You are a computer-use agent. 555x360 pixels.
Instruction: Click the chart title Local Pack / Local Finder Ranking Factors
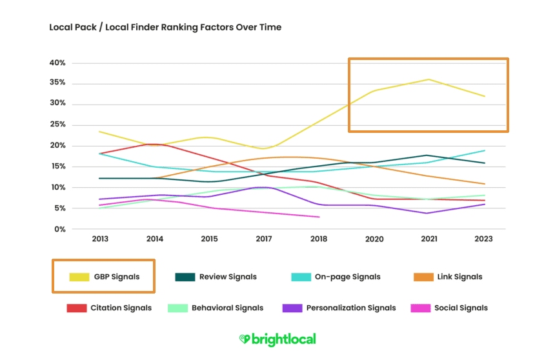[x=165, y=28]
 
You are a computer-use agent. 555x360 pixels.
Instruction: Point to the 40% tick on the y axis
[x=57, y=63]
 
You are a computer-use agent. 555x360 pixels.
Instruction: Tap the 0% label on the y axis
[x=59, y=230]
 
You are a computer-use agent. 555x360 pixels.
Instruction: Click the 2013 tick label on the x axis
[x=100, y=239]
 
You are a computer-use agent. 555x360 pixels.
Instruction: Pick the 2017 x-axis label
[x=265, y=239]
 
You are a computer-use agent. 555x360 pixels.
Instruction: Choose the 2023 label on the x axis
[x=483, y=239]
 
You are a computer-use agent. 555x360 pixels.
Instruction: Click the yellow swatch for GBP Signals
[x=80, y=277]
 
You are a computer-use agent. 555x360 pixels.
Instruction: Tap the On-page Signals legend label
[x=347, y=277]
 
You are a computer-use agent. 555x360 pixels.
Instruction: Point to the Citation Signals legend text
[x=121, y=308]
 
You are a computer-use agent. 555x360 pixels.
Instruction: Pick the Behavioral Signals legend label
[x=227, y=308]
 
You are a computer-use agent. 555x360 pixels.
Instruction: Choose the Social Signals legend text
[x=461, y=308]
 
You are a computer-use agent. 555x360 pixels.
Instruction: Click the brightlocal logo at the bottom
[x=277, y=339]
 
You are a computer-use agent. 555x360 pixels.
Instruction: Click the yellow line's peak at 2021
[x=429, y=79]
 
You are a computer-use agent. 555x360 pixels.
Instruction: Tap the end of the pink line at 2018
[x=319, y=217]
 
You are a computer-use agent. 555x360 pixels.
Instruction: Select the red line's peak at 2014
[x=152, y=144]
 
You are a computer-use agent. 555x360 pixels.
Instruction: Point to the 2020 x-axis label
[x=374, y=239]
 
